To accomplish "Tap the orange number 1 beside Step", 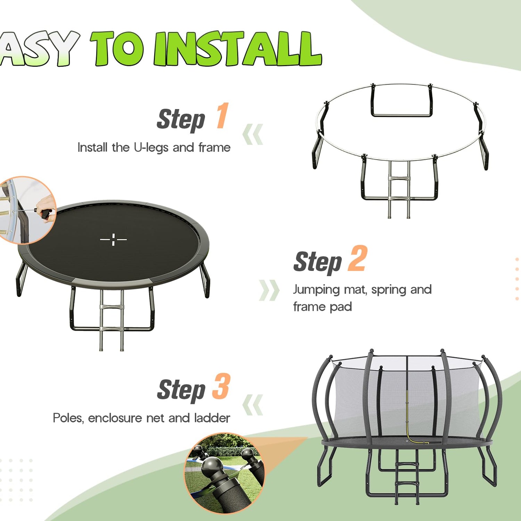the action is click(x=222, y=116).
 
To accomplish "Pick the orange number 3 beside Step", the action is click(x=221, y=386).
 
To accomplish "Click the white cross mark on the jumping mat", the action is click(x=113, y=239).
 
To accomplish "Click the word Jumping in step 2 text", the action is click(x=316, y=290).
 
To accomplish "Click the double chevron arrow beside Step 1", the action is click(x=253, y=134).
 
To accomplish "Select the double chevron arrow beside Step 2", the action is click(x=269, y=290).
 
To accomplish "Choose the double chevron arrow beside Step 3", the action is click(x=253, y=405).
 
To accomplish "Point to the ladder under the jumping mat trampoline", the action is click(x=111, y=320).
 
